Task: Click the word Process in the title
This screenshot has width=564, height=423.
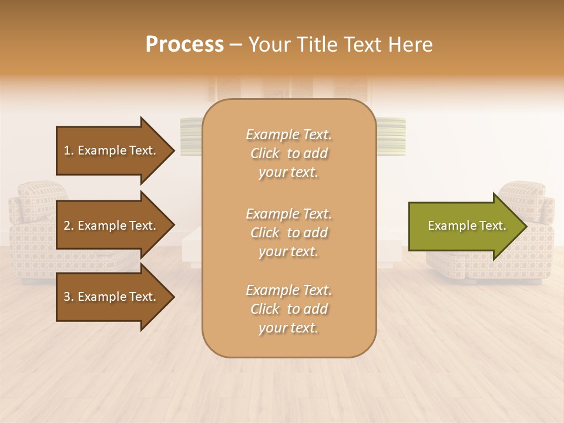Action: pyautogui.click(x=184, y=45)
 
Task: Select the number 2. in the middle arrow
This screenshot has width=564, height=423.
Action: pyautogui.click(x=69, y=226)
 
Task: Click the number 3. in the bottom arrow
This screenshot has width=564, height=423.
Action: pyautogui.click(x=69, y=297)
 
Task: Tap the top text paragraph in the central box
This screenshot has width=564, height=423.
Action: pyautogui.click(x=288, y=153)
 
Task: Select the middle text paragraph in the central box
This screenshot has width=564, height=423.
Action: pyautogui.click(x=288, y=233)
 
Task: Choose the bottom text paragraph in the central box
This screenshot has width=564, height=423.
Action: pyautogui.click(x=288, y=309)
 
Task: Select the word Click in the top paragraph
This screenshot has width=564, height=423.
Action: pyautogui.click(x=265, y=153)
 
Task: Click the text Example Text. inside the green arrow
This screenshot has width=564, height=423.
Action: pyautogui.click(x=466, y=226)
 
